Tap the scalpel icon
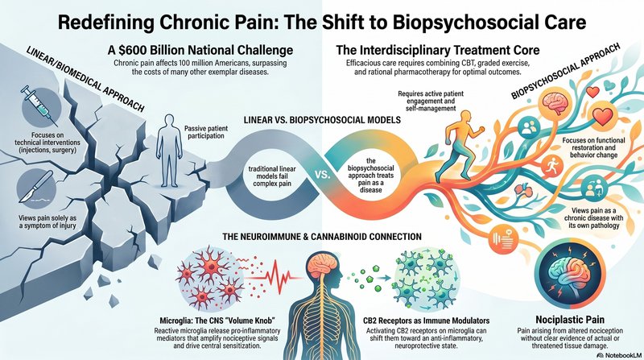coord(36,187)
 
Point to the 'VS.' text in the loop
coord(323,175)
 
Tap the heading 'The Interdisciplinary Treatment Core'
coord(437,51)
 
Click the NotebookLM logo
coord(617,354)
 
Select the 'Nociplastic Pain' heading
coord(570,319)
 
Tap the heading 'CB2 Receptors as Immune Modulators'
coord(427,321)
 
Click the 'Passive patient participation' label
coord(206,132)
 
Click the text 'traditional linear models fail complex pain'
coord(272,176)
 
